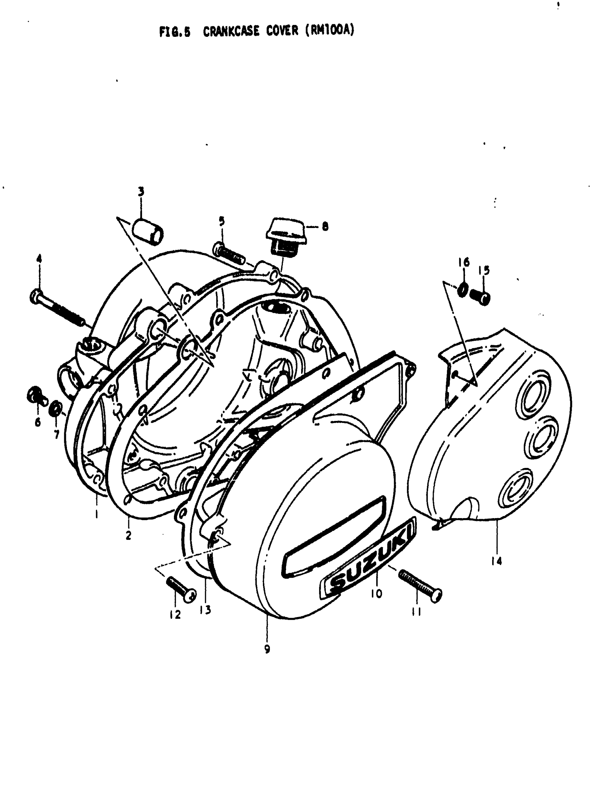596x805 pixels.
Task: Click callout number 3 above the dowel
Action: click(x=141, y=191)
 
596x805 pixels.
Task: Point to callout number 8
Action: click(x=325, y=227)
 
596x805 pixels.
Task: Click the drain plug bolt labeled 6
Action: click(x=36, y=396)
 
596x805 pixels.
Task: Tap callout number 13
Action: click(x=206, y=610)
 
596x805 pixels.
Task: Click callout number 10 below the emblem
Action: click(x=376, y=593)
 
